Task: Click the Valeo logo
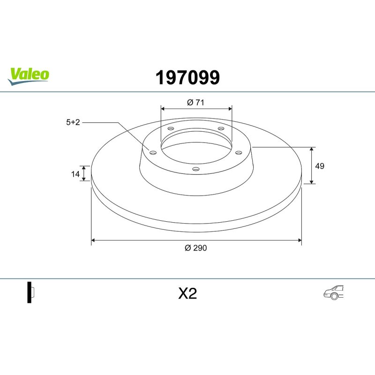pos(28,76)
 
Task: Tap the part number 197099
pos(187,77)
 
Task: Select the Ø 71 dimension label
pos(195,102)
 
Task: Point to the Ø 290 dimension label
pos(195,248)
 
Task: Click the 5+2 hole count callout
pos(73,122)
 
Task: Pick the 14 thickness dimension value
pos(75,174)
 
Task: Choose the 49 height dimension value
pos(320,166)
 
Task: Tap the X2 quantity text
pos(187,293)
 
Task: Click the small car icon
pos(333,292)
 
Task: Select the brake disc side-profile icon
pos(30,292)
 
